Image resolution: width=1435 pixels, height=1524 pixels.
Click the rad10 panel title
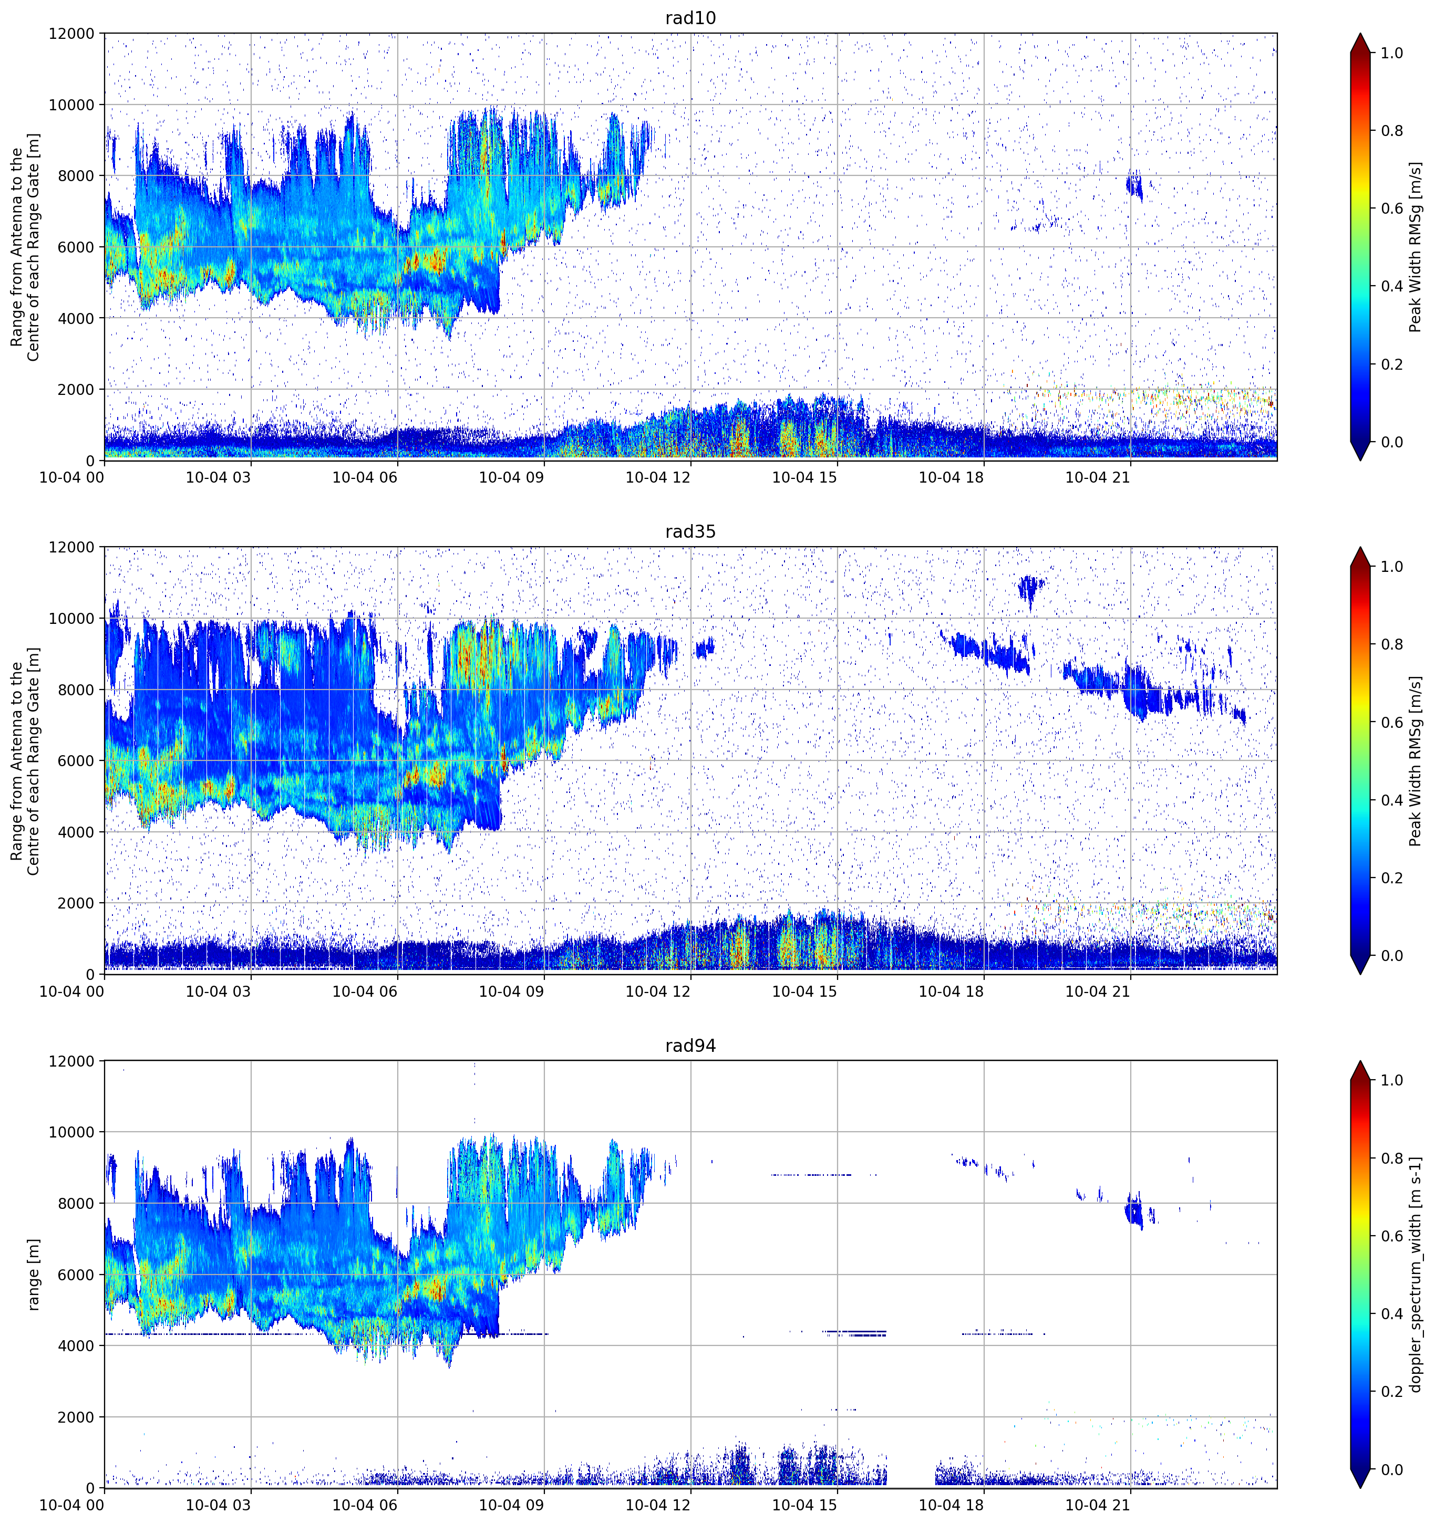(x=690, y=18)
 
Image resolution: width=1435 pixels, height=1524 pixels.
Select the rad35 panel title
(x=690, y=531)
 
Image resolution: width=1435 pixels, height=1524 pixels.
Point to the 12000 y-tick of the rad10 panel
(x=71, y=34)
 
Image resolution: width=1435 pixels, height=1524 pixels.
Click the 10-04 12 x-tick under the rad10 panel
(x=658, y=477)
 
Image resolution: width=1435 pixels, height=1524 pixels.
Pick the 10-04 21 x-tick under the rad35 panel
(x=1098, y=991)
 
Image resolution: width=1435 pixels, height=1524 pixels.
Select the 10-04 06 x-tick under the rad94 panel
(x=365, y=1506)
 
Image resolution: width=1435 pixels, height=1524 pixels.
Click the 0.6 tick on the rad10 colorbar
(x=1392, y=208)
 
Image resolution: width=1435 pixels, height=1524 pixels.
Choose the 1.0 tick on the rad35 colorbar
(x=1392, y=567)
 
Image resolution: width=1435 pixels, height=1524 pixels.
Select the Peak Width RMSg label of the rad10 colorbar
(x=1416, y=247)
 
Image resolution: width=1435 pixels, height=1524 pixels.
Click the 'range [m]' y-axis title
(x=33, y=1275)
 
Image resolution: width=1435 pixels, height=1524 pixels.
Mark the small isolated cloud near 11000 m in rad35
(x=1030, y=589)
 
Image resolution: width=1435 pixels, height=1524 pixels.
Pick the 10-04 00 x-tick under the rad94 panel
(x=72, y=1506)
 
